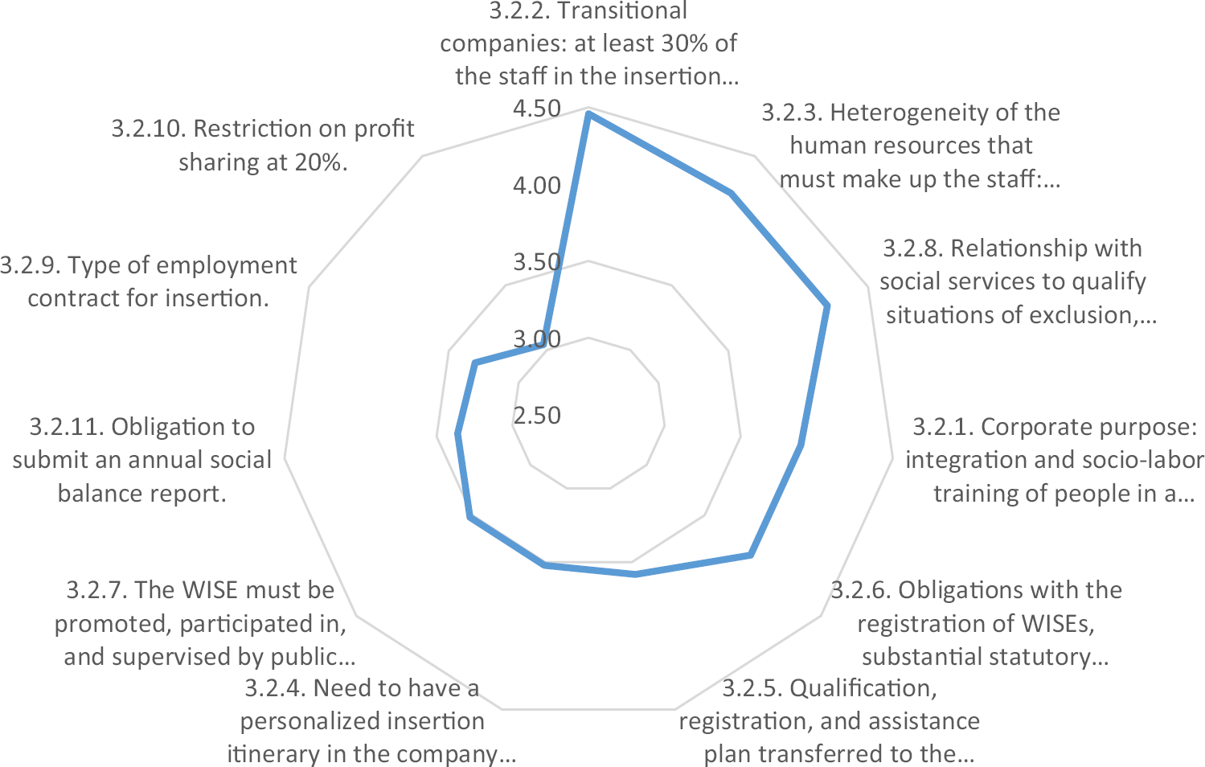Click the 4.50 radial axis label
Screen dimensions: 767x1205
pyautogui.click(x=537, y=109)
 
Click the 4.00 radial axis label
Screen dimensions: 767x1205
pyautogui.click(x=537, y=186)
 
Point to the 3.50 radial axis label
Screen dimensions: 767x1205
pyautogui.click(x=537, y=262)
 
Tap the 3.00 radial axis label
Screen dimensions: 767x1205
pyautogui.click(x=537, y=338)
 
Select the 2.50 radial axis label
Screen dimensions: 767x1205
pyautogui.click(x=537, y=416)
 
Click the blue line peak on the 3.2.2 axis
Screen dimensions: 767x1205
pyautogui.click(x=588, y=114)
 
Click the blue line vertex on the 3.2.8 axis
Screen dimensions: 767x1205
pyautogui.click(x=826, y=306)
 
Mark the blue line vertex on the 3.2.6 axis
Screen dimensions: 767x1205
pyautogui.click(x=750, y=555)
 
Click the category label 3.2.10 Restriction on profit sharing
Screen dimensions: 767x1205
pyautogui.click(x=263, y=146)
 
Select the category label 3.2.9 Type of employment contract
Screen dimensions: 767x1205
pyautogui.click(x=149, y=281)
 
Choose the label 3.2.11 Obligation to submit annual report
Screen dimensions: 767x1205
pyautogui.click(x=142, y=460)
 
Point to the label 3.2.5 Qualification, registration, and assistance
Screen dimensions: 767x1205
pyautogui.click(x=830, y=721)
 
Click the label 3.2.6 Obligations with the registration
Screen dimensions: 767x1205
pyautogui.click(x=977, y=623)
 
